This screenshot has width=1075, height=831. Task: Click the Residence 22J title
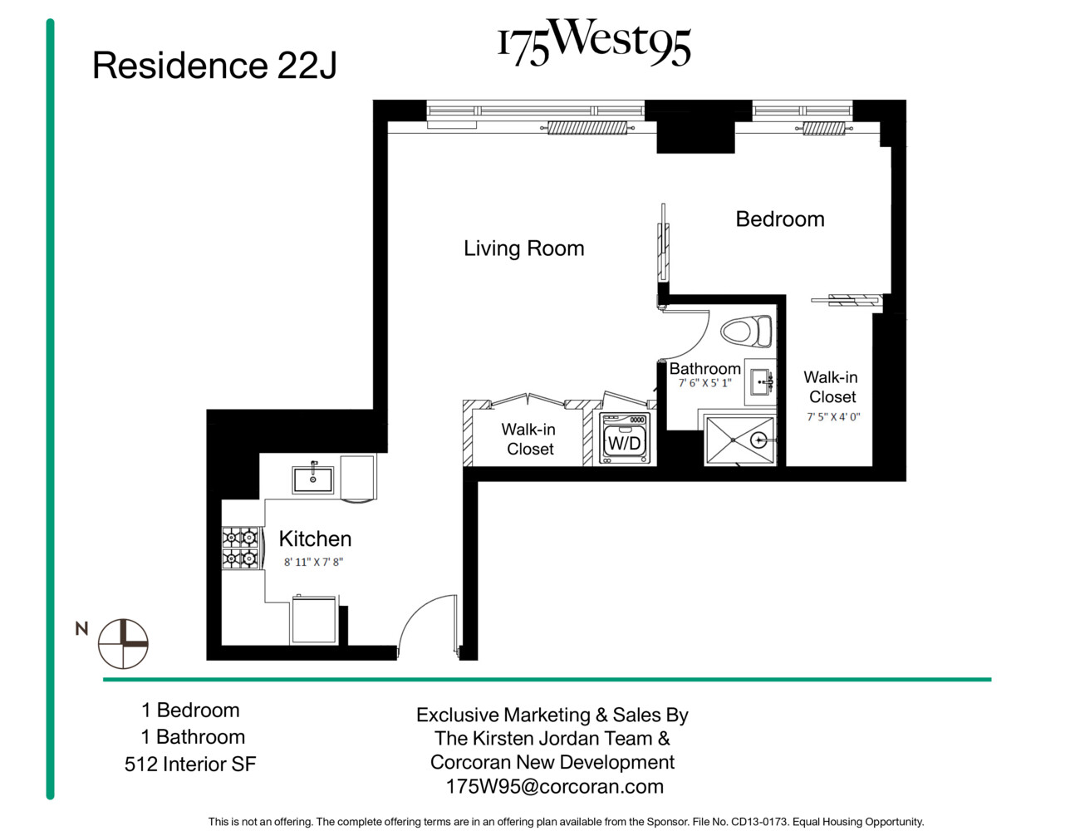[214, 66]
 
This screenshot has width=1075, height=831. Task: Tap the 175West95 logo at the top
[593, 42]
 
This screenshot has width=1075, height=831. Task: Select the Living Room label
[523, 248]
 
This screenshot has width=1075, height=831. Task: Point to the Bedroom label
[779, 219]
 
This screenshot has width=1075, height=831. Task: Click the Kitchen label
[315, 538]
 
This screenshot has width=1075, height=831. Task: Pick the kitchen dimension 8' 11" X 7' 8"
[313, 563]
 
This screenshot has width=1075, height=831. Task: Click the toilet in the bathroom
[746, 332]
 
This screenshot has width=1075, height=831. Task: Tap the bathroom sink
[761, 382]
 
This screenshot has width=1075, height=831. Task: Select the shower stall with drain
[739, 440]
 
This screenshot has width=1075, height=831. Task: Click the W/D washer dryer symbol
[625, 440]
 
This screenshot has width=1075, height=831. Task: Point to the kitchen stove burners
[241, 548]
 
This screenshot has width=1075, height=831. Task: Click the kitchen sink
[312, 479]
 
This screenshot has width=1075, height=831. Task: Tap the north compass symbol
[123, 644]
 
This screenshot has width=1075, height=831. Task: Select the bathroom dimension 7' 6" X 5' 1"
[704, 383]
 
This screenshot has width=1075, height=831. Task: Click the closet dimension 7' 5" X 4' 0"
[832, 417]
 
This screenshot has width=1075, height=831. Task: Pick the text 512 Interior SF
[190, 765]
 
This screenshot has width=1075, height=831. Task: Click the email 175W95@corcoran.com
[554, 787]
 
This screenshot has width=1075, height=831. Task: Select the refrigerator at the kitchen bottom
[314, 620]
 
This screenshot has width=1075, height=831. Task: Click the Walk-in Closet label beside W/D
[529, 440]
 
